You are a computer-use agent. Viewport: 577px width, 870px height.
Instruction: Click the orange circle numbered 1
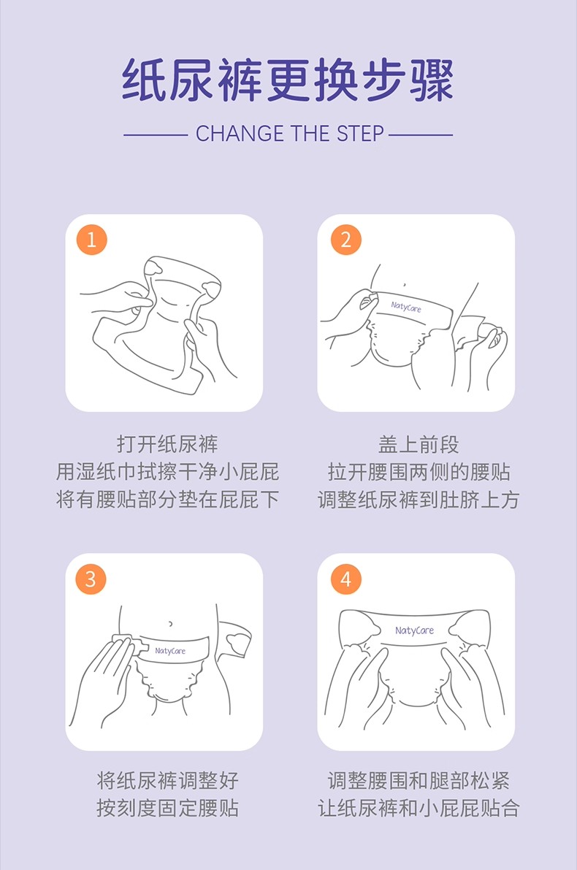coord(91,240)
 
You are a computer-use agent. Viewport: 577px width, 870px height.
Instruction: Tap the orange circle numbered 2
coord(345,240)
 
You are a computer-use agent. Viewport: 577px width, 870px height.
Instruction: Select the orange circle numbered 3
coord(91,579)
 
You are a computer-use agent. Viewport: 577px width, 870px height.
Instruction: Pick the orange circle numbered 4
coord(345,579)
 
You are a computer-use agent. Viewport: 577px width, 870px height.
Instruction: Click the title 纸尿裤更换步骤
coord(288,80)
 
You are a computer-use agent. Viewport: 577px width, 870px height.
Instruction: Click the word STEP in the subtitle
coord(360,134)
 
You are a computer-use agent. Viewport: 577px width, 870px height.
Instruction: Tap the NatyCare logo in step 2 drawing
coord(406,306)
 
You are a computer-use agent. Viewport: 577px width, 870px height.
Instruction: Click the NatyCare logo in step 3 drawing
coord(170,650)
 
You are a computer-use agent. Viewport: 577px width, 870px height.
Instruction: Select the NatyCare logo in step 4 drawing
coord(414,630)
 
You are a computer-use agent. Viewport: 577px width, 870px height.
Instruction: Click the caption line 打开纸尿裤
coord(167,444)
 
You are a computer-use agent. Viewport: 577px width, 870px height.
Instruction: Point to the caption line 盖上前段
coord(419,444)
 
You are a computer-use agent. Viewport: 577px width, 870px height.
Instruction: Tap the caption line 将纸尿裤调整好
coord(167,780)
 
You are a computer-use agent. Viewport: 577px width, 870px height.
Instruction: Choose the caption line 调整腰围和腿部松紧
coord(419,780)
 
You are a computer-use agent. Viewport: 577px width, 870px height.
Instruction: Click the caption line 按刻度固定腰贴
coord(167,808)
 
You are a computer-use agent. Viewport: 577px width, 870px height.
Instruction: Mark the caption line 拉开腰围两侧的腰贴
coord(419,472)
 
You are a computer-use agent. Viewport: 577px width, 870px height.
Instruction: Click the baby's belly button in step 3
coord(170,624)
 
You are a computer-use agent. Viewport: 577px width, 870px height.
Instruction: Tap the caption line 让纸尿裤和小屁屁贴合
coord(419,808)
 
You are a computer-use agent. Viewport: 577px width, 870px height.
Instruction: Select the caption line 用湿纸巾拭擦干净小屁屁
coord(167,472)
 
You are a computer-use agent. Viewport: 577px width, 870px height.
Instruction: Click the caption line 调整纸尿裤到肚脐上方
coord(419,500)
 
